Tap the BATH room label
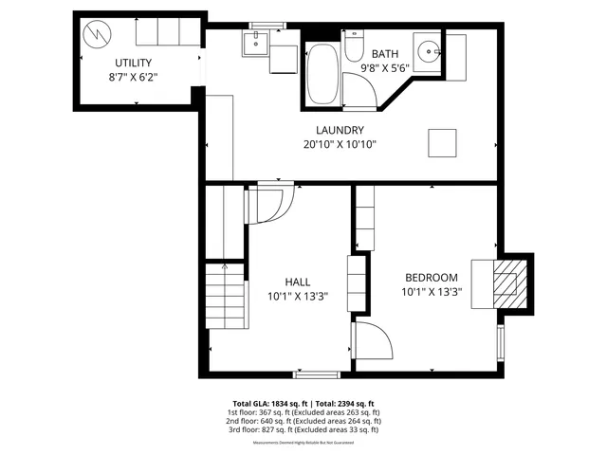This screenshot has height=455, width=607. coord(385,54)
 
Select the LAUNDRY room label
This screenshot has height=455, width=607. coord(340,130)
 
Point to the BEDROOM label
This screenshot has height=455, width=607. coord(432,278)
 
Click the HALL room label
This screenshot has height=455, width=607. coord(298,282)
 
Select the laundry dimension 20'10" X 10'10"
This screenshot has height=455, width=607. coord(340,145)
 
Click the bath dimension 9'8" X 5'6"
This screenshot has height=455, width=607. coord(385,68)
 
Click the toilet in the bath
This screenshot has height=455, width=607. coord(353,45)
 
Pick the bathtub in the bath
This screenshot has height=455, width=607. coord(321,73)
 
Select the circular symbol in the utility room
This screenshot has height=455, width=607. coord(96,35)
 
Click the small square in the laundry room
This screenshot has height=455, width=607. coord(441,142)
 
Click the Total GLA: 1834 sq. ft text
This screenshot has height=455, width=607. coord(271,403)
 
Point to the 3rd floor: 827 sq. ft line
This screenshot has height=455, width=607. coord(303,430)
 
